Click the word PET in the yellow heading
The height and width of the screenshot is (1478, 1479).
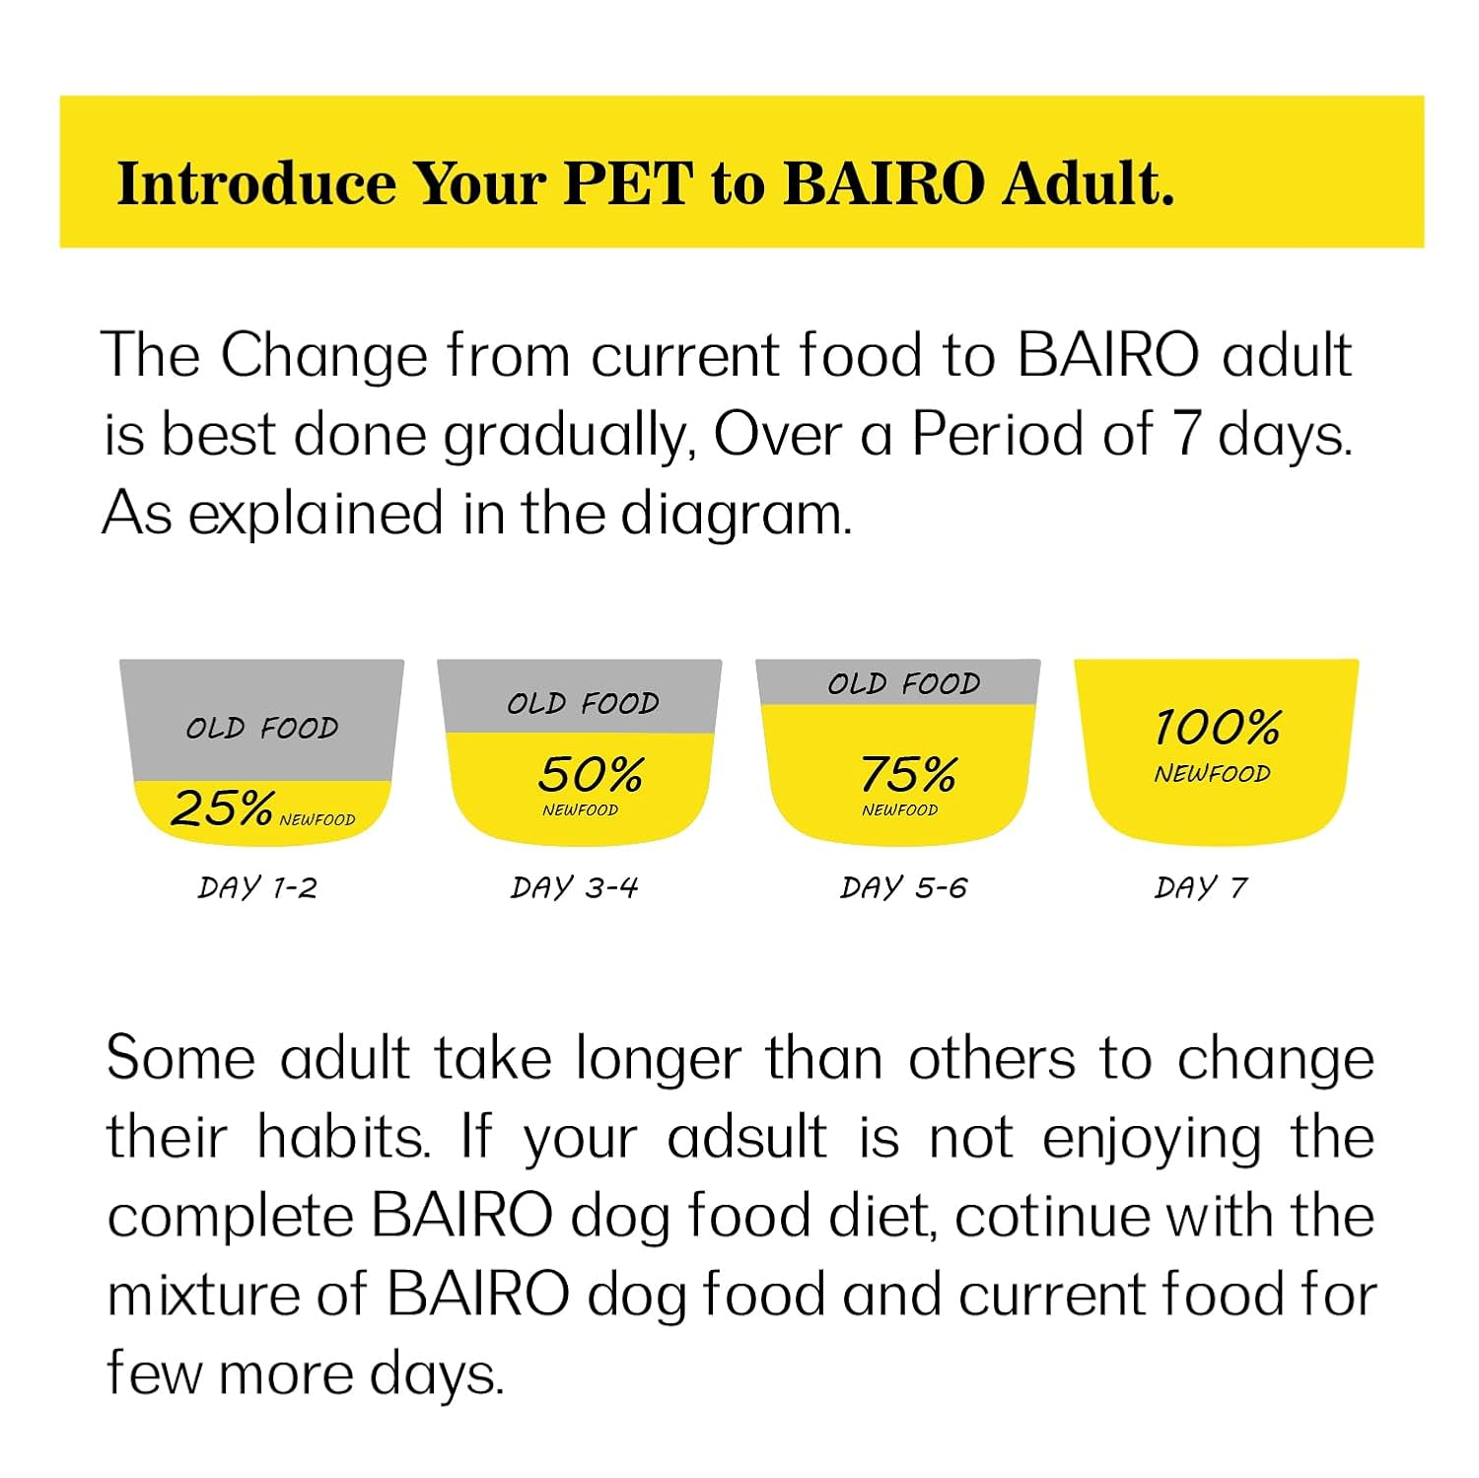click(x=628, y=183)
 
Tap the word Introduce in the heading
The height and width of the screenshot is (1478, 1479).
click(x=255, y=183)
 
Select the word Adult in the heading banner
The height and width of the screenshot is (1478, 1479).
click(x=1089, y=183)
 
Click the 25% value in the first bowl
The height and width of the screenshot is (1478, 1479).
click(x=222, y=809)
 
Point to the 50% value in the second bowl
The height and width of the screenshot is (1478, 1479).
click(x=591, y=775)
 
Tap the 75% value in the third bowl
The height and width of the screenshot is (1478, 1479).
click(x=908, y=775)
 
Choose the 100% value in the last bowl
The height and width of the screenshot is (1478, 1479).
click(x=1217, y=728)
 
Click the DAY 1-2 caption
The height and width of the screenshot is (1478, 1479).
click(x=257, y=888)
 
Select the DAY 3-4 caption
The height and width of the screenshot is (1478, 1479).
click(x=574, y=888)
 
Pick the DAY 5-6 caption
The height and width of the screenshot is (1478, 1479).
click(x=903, y=888)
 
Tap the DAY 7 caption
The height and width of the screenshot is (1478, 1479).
click(x=1201, y=888)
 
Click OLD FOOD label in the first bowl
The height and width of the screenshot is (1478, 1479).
click(x=262, y=729)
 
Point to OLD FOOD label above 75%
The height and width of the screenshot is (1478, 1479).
click(x=904, y=684)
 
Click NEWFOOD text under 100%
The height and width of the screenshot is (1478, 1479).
click(x=1212, y=774)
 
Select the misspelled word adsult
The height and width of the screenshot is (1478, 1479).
click(x=746, y=1138)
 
